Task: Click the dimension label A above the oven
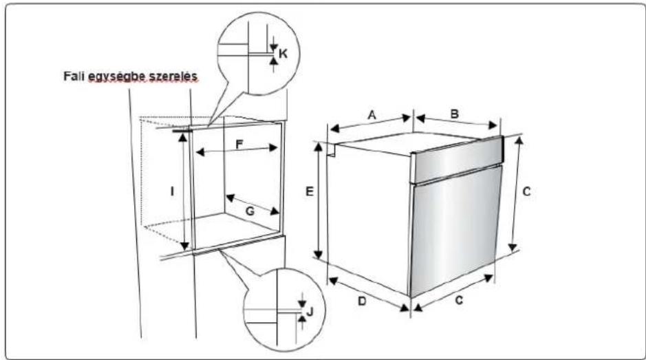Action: click(372, 115)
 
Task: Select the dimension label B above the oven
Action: click(455, 114)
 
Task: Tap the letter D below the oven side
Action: click(362, 301)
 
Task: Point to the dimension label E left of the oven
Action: click(310, 191)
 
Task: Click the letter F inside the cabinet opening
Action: click(239, 145)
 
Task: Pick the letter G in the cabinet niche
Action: click(250, 211)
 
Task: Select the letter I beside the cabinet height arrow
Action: click(172, 191)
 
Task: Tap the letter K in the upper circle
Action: click(283, 54)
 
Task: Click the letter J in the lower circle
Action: click(310, 312)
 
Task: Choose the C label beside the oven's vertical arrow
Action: click(526, 192)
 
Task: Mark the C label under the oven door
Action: click(459, 300)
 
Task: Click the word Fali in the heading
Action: click(74, 76)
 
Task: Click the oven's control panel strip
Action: click(457, 159)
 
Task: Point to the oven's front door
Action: click(455, 231)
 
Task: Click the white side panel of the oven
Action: click(369, 219)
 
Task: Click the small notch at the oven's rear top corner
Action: click(330, 149)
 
